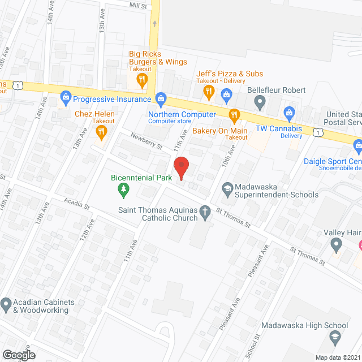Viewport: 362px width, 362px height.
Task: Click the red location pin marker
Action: click(x=180, y=169)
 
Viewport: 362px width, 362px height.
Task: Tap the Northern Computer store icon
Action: click(x=161, y=98)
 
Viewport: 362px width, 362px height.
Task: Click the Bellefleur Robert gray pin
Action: click(x=260, y=102)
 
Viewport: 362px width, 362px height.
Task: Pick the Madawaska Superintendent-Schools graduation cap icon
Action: click(x=227, y=188)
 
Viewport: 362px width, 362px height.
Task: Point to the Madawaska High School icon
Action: click(x=334, y=338)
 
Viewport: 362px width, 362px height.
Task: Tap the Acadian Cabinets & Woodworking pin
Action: click(x=6, y=305)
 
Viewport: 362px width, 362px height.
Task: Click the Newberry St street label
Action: click(x=146, y=141)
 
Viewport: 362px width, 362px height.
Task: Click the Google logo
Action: click(x=19, y=355)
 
